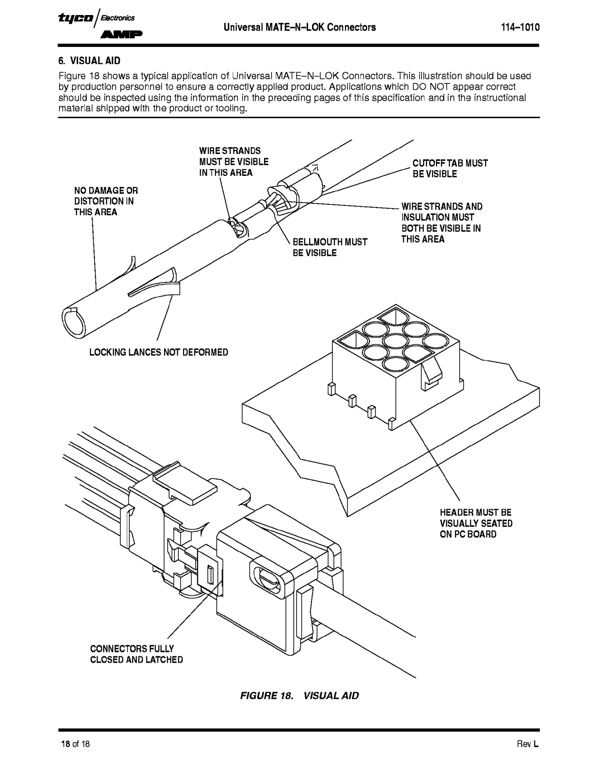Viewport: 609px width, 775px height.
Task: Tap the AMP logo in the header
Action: [x=122, y=34]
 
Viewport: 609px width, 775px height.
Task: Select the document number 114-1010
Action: [x=520, y=27]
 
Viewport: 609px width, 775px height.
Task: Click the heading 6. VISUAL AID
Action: [x=89, y=61]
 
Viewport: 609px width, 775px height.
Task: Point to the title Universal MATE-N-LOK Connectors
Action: [x=299, y=27]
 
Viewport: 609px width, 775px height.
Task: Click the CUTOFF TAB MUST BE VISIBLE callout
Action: [x=450, y=169]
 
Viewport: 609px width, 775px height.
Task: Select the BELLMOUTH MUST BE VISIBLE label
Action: [x=329, y=247]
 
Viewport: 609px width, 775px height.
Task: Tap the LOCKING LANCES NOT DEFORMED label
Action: [x=158, y=352]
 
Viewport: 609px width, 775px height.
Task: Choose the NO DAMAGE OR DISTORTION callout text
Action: [x=106, y=201]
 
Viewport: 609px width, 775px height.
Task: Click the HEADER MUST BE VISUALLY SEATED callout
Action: [x=475, y=523]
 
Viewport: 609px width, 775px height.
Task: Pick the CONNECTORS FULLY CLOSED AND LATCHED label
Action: [x=136, y=654]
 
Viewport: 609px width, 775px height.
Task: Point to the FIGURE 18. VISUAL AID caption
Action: [x=299, y=696]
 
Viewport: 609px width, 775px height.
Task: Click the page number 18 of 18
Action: [x=75, y=744]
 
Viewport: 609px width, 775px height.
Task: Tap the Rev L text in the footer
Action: [x=528, y=744]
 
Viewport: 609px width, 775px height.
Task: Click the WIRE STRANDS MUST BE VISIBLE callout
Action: [x=234, y=162]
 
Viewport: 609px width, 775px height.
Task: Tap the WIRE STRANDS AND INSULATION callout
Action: [x=441, y=223]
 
